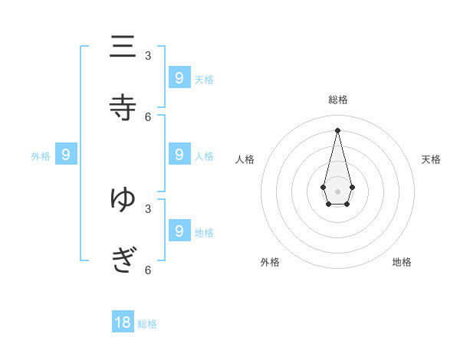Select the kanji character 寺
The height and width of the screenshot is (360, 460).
(123, 107)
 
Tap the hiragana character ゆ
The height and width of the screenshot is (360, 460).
(123, 199)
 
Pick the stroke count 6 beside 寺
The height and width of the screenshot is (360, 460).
(148, 116)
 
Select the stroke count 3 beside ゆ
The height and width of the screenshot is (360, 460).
(148, 208)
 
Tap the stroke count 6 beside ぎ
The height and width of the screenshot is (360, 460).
(148, 270)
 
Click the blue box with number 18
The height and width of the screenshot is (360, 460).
(123, 322)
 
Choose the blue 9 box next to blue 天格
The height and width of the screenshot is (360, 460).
(179, 77)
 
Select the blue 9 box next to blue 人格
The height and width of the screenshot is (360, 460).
(179, 155)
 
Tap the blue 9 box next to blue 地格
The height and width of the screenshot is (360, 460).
(179, 231)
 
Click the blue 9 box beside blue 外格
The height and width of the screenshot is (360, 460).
(66, 155)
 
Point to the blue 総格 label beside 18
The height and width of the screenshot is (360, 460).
(147, 324)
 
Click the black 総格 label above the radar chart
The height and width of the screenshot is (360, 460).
(338, 100)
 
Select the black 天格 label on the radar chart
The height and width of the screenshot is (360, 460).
(432, 159)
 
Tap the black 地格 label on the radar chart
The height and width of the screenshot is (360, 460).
(402, 262)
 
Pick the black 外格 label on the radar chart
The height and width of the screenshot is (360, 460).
(270, 262)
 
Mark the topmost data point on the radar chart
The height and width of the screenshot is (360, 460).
(337, 129)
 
